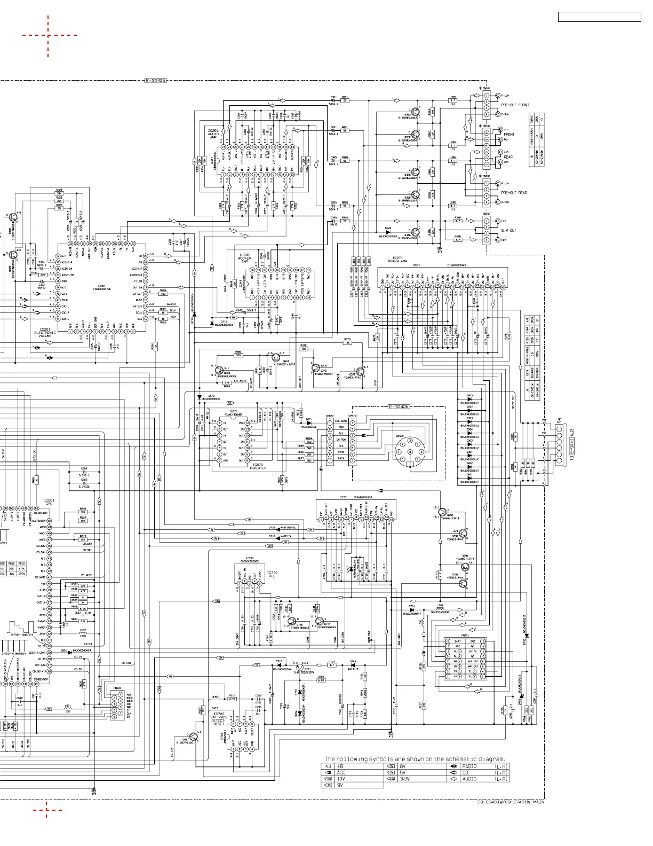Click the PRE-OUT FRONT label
[x=515, y=105]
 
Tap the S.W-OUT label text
[x=508, y=230]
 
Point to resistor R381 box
[x=345, y=100]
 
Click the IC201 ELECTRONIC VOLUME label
[x=45, y=333]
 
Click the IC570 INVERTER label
[x=258, y=466]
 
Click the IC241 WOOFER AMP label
[x=244, y=258]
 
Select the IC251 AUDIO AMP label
[x=213, y=134]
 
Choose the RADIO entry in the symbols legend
[x=469, y=766]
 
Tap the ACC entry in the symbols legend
[x=341, y=772]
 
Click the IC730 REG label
[x=272, y=574]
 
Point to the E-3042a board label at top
[x=156, y=81]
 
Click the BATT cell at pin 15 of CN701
[x=458, y=641]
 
